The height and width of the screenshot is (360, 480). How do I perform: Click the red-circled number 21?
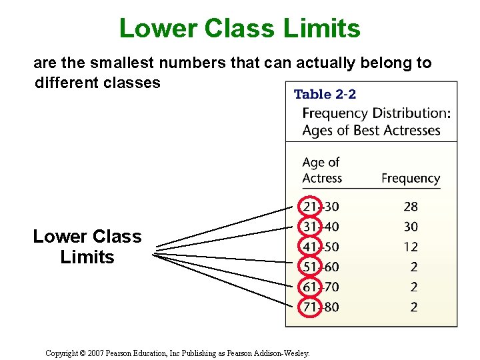[310, 207]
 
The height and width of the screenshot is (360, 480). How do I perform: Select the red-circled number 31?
[310, 227]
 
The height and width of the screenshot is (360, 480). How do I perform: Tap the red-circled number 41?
[310, 247]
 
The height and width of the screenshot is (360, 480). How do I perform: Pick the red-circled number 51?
[310, 267]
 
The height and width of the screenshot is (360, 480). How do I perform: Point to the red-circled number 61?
[310, 287]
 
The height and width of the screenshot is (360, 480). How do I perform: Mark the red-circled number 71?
[310, 307]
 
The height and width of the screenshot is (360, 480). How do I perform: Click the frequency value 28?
[411, 207]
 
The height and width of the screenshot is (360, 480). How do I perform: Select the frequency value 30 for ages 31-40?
[411, 227]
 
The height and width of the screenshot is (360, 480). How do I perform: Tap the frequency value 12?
[411, 247]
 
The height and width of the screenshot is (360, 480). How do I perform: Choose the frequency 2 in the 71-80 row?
[414, 307]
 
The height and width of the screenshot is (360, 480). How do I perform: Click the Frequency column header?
[411, 178]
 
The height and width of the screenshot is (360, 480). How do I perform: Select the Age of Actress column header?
[321, 170]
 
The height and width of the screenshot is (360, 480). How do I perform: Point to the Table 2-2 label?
[325, 95]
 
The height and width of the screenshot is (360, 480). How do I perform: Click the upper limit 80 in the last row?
[331, 307]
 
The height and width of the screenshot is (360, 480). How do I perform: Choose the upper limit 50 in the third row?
[331, 247]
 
